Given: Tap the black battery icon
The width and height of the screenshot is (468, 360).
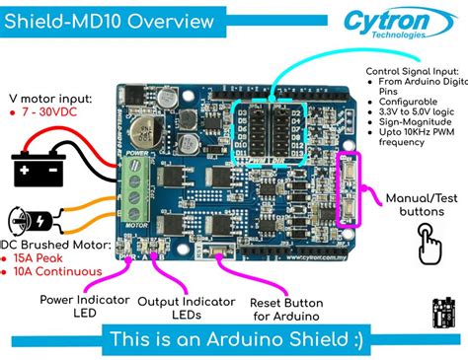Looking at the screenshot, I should pyautogui.click(x=38, y=169).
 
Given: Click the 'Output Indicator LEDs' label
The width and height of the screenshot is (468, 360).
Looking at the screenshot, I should pyautogui.click(x=186, y=307).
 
